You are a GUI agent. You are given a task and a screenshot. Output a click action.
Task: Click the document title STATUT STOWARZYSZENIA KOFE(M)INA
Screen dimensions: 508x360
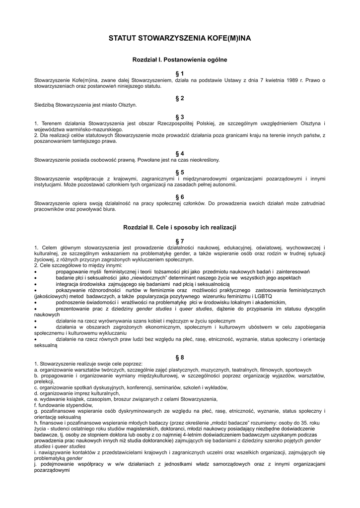pos(180,38)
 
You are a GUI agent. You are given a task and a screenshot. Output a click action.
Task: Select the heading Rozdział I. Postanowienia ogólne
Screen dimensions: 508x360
pos(180,60)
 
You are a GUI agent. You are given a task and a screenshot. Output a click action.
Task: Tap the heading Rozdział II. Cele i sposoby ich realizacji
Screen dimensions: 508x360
pos(180,227)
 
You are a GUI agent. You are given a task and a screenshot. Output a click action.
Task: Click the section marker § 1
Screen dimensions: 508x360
pos(180,73)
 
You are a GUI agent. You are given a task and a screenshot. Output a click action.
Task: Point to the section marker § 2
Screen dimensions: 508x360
pos(180,98)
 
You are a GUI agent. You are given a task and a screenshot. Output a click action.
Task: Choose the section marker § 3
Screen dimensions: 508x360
pos(180,117)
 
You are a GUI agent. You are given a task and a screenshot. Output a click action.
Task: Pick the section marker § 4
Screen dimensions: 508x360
pos(180,154)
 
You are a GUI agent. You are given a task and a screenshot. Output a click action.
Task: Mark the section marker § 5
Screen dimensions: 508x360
pos(180,172)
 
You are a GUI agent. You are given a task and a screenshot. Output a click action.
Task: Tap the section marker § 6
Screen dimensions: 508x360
pos(180,197)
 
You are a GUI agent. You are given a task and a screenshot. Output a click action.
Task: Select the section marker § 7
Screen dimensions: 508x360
pos(180,241)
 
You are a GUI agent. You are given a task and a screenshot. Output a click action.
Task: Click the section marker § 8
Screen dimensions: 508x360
pos(180,357)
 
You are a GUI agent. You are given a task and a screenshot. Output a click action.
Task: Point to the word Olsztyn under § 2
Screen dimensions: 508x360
pos(127,105)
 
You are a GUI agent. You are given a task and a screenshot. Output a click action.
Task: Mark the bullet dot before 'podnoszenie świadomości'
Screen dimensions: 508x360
pos(36,302)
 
